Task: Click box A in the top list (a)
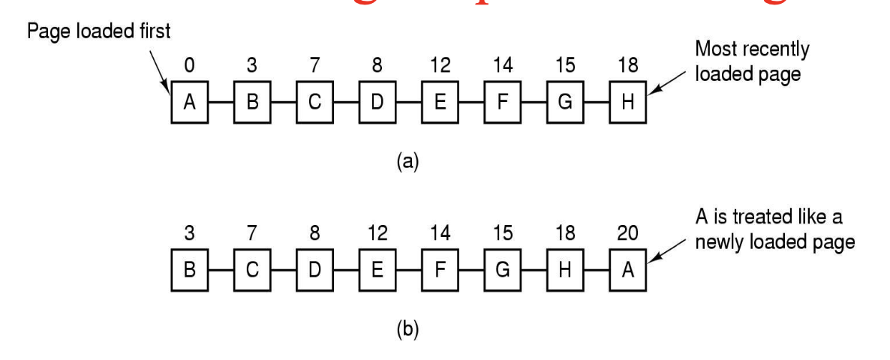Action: (189, 102)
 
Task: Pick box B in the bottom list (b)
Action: (189, 270)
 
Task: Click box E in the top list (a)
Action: (440, 102)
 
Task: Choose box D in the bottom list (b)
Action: (314, 270)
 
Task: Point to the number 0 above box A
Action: (189, 66)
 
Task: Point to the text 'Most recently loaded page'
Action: (752, 62)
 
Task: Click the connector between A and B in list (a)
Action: (221, 102)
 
